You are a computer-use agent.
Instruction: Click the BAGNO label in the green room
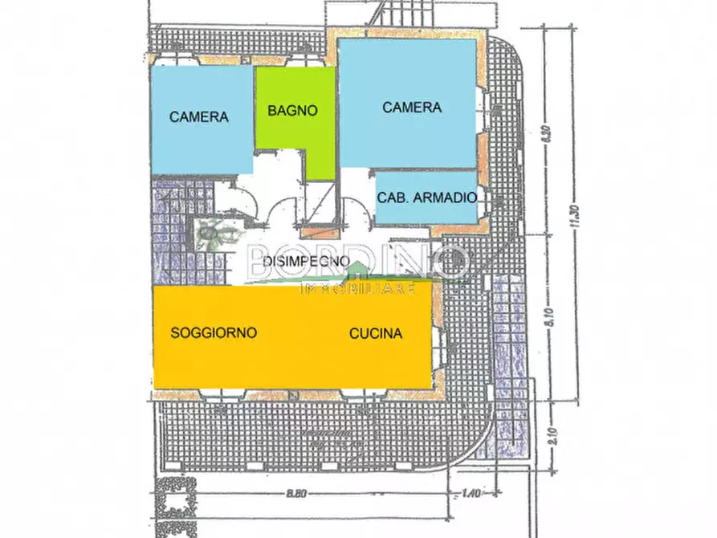(293, 111)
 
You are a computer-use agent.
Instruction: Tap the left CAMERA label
(199, 116)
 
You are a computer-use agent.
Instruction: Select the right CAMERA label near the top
(411, 108)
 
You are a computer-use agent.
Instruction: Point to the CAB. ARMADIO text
(428, 197)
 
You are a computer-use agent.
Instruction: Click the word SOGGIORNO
(214, 332)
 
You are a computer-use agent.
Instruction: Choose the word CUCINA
(375, 334)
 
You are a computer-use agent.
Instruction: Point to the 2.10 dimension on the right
(548, 436)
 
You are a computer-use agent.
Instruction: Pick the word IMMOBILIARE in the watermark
(356, 289)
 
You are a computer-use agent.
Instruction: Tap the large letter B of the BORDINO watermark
(263, 259)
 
